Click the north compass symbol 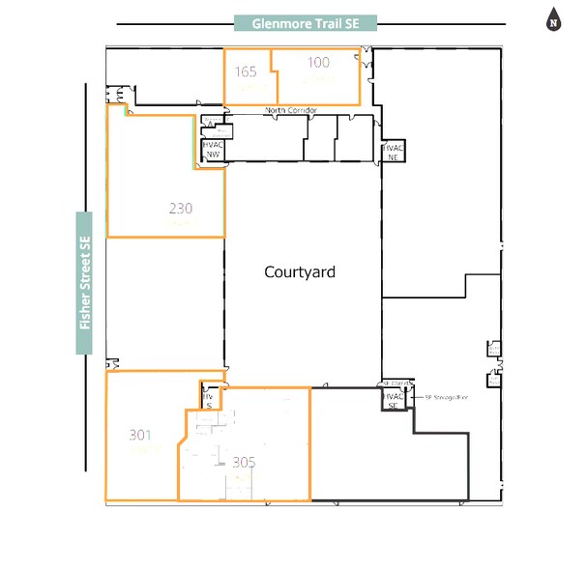tap(554, 19)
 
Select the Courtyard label tap(300, 272)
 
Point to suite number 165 tap(246, 71)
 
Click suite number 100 tap(318, 63)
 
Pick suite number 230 tap(181, 208)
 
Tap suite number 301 tap(140, 436)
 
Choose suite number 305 tap(244, 462)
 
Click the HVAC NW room tap(212, 150)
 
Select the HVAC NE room tap(393, 152)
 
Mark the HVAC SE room tap(393, 400)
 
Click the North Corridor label tap(291, 111)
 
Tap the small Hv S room tap(207, 400)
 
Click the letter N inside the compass tap(554, 21)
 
